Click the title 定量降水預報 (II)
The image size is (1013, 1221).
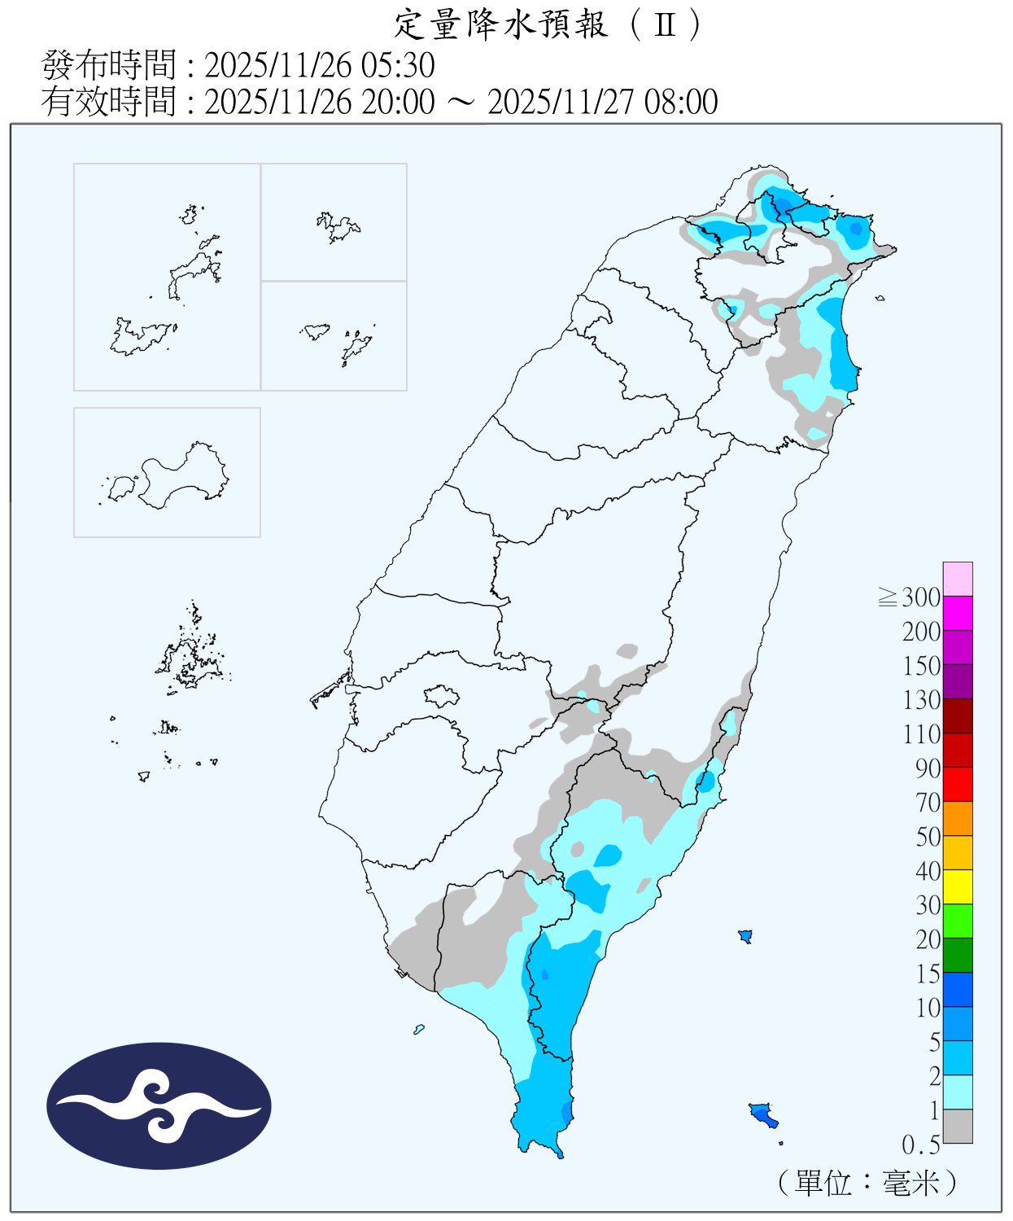(x=547, y=24)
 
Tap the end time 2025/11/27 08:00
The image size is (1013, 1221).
(x=602, y=102)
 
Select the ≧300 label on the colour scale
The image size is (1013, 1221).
(x=910, y=597)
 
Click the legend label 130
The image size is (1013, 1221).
(x=921, y=700)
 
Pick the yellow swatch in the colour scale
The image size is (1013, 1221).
(x=958, y=886)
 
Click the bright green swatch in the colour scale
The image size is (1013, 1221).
(x=958, y=921)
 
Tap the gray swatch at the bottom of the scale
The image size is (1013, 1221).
(x=958, y=1126)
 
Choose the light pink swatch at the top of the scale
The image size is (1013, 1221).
(x=958, y=579)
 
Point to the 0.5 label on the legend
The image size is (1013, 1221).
(x=920, y=1145)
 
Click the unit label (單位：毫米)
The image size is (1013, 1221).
(x=867, y=1182)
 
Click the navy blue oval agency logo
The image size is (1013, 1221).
(x=159, y=1105)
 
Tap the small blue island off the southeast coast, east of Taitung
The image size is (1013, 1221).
(x=744, y=936)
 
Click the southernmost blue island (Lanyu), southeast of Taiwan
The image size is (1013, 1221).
(x=762, y=1114)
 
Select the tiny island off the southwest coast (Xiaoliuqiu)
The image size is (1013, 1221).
(x=419, y=1030)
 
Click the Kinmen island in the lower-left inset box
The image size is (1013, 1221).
(x=183, y=476)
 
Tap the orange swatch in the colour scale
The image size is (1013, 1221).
(x=958, y=818)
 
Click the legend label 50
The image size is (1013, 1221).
(x=928, y=837)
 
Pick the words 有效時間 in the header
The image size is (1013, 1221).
(x=109, y=102)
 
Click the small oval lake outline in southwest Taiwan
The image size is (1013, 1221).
(x=442, y=696)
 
